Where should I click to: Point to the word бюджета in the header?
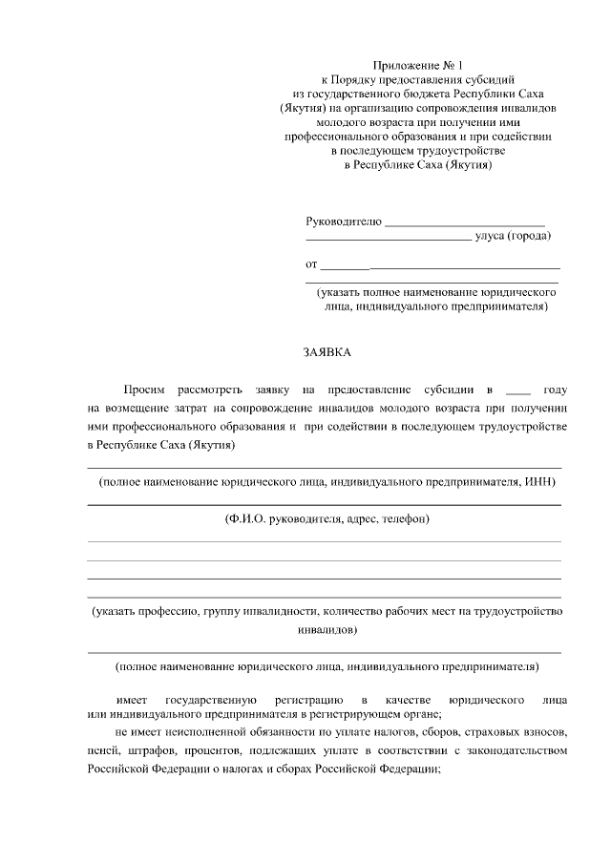point(429,95)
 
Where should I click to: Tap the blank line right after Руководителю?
point(464,223)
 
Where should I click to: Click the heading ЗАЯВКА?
point(327,352)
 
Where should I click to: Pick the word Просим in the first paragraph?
point(144,390)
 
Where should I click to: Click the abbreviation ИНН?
point(537,482)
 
